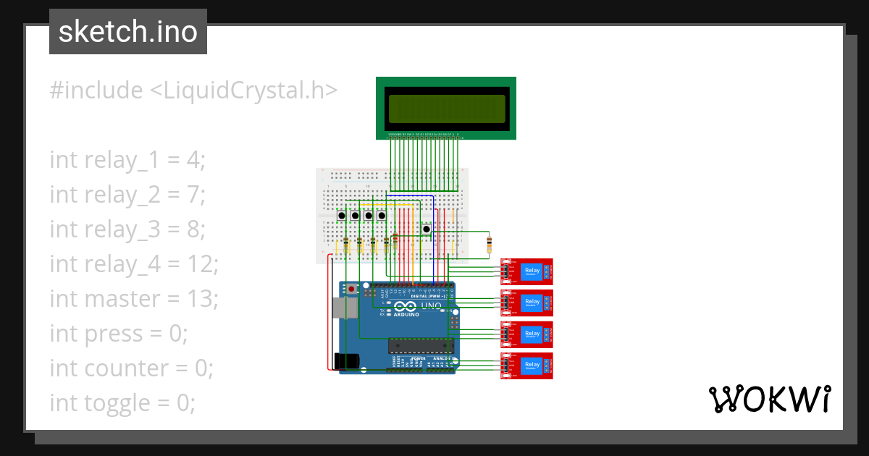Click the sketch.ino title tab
(x=128, y=32)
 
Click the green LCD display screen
(x=445, y=109)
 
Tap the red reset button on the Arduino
(x=352, y=290)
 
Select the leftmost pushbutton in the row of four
(x=342, y=216)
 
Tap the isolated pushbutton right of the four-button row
(x=427, y=229)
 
